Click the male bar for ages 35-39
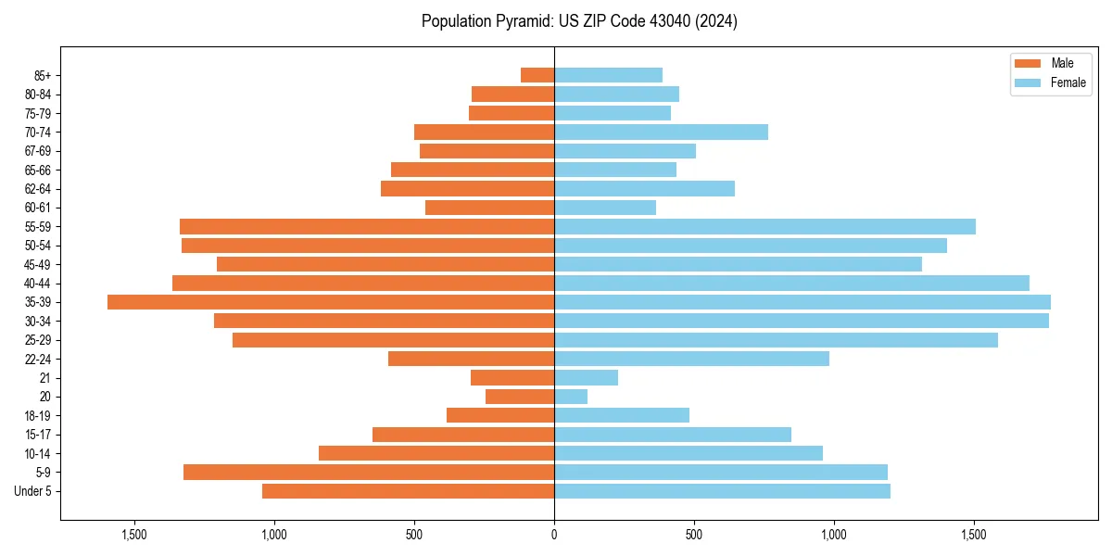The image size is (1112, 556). point(331,302)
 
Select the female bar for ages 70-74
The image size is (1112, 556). point(661,132)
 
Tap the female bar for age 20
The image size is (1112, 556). point(571,397)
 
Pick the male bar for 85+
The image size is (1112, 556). point(537,75)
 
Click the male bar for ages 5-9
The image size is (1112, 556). point(369,472)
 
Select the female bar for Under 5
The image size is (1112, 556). point(722,491)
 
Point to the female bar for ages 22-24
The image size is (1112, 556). point(691,359)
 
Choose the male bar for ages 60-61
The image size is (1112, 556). point(489,208)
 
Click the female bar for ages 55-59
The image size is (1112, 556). point(764,226)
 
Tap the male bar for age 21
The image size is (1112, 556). point(512,377)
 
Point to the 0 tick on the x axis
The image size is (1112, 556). point(554,535)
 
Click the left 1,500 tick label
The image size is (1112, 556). point(134,535)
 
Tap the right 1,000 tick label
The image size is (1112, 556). point(834,535)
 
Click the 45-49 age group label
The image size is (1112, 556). point(38,264)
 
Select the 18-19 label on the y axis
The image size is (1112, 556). point(38,415)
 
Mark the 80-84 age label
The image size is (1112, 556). point(38,95)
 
